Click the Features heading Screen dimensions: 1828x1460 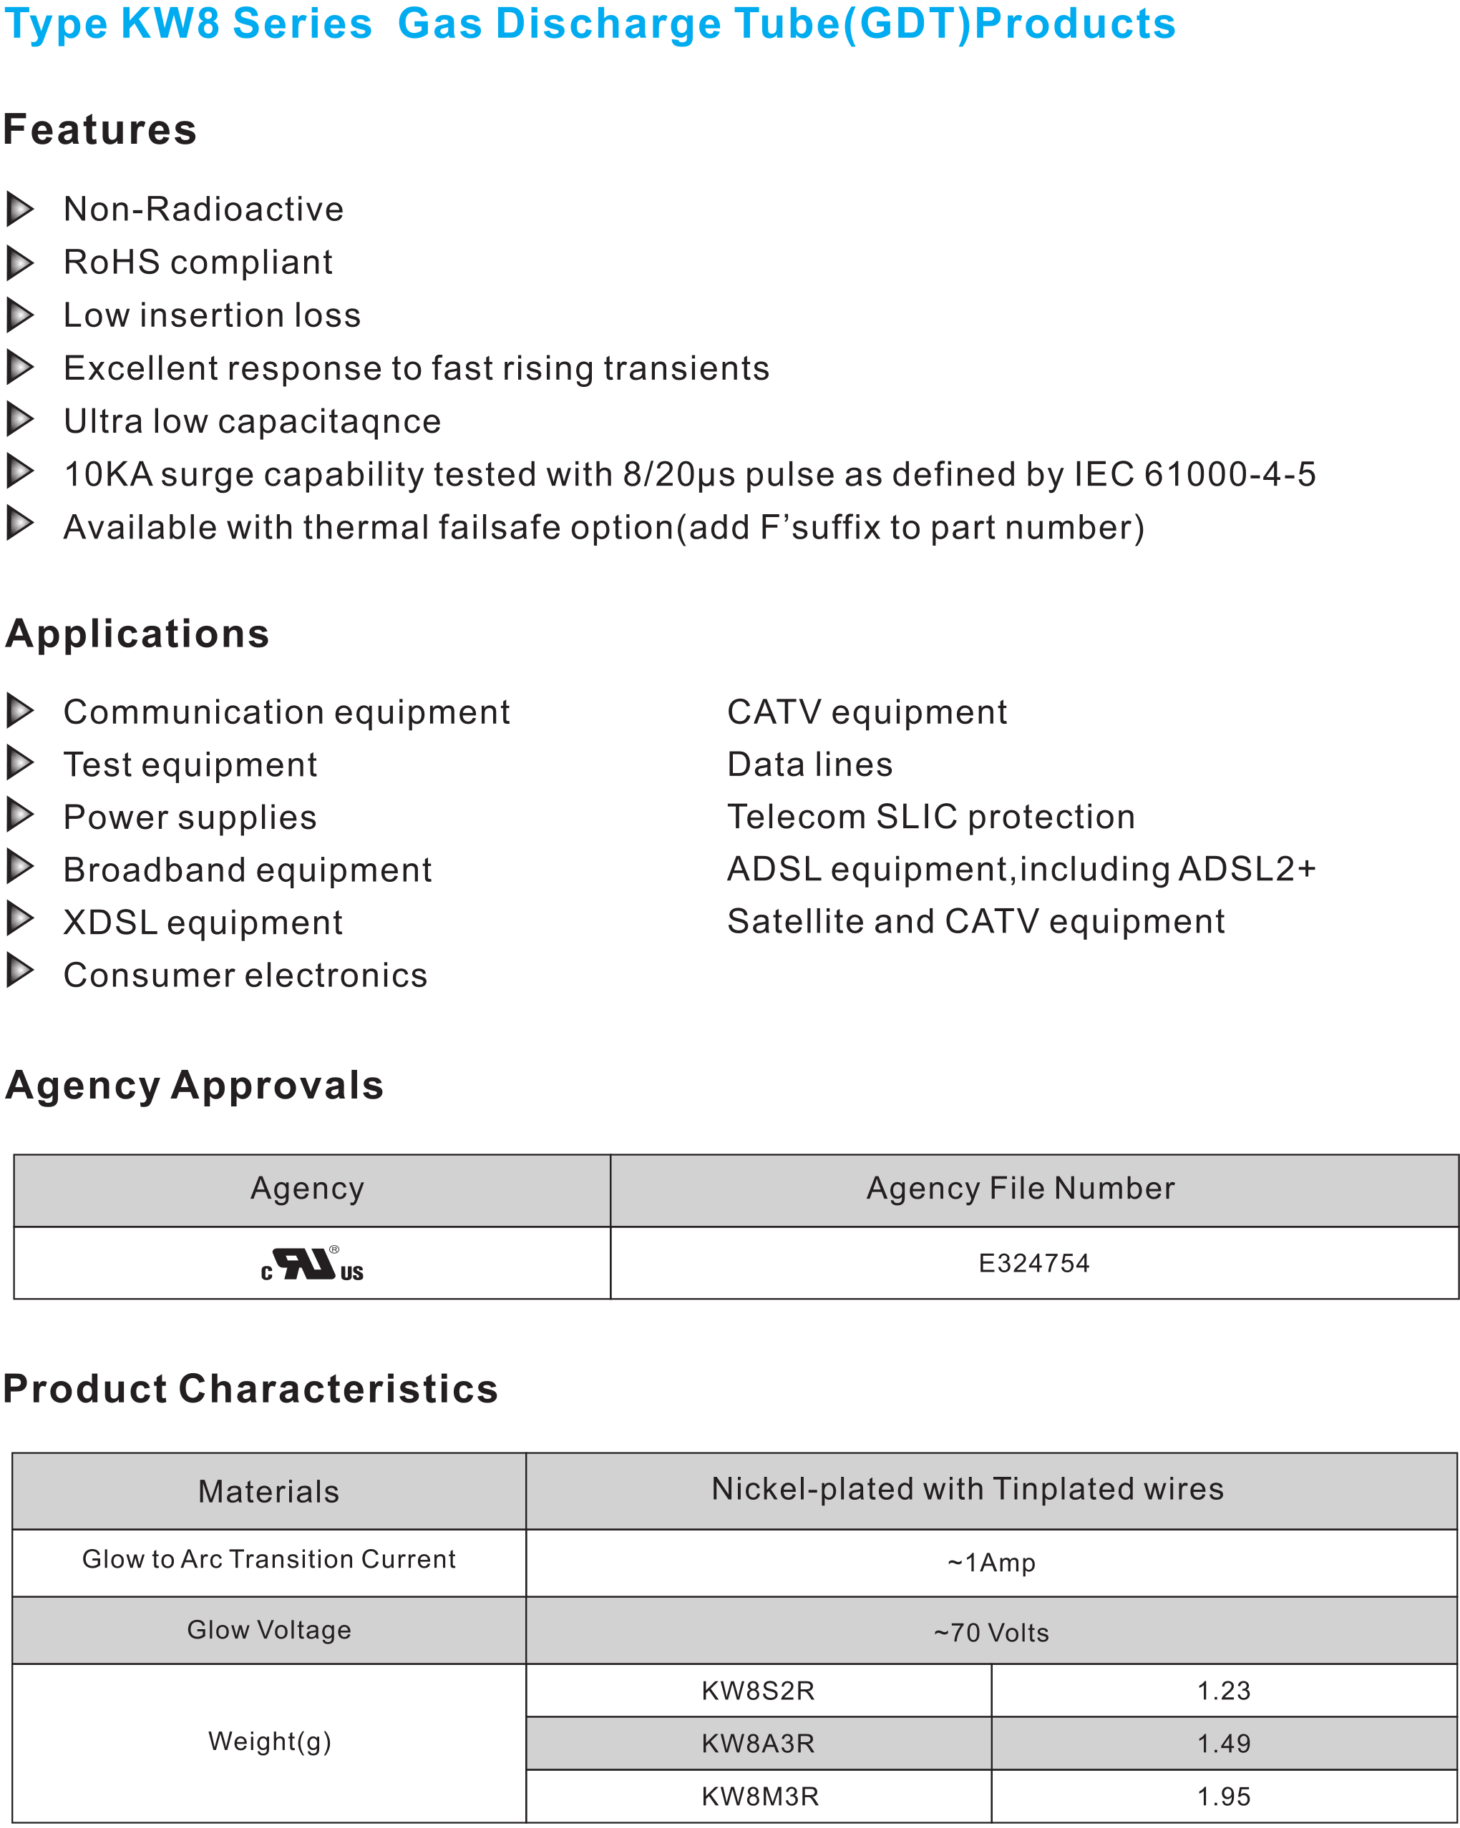100,129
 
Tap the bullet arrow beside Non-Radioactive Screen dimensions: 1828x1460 19,209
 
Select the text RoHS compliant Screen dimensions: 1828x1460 198,263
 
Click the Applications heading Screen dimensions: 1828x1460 137,634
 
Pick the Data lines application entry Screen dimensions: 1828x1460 809,764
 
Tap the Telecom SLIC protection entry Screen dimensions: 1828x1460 930,817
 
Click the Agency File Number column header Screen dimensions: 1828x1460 1020,1188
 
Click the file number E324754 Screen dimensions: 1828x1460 1033,1263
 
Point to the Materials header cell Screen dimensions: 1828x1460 268,1491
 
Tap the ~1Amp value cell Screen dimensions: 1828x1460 991,1563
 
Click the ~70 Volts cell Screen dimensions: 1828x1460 991,1633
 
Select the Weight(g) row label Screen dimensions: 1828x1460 269,1741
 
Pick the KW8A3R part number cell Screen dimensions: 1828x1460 758,1743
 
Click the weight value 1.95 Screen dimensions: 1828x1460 1223,1796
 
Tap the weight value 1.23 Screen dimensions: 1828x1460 1223,1691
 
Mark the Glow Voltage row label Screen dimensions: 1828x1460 269,1630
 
